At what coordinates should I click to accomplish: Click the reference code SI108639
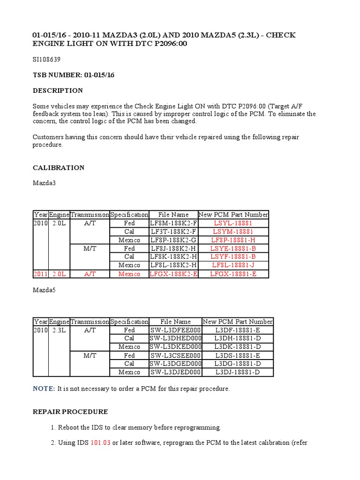tap(46, 60)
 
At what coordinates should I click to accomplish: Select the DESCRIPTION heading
tap(58, 90)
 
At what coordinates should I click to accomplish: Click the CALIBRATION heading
tap(59, 167)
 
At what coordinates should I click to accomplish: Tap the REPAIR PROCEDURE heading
tap(70, 412)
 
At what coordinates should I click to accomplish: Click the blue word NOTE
tap(44, 389)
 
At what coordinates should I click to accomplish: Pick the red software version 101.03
tap(100, 442)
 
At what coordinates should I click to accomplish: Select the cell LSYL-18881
tap(233, 223)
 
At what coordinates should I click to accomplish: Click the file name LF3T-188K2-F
tap(173, 232)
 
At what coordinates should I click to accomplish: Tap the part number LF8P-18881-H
tap(233, 240)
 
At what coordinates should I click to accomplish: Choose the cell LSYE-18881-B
tap(233, 248)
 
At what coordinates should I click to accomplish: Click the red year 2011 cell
tap(40, 274)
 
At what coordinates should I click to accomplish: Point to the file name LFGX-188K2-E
tap(173, 274)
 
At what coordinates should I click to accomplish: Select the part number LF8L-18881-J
tap(233, 265)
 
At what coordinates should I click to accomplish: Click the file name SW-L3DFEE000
tap(175, 330)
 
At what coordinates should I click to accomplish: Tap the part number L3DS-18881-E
tap(237, 355)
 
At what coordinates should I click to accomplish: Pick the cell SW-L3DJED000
tap(175, 372)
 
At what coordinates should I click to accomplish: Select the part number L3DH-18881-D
tap(237, 338)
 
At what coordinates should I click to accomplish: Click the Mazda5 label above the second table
tap(44, 291)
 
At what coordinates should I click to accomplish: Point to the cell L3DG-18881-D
tap(237, 364)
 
